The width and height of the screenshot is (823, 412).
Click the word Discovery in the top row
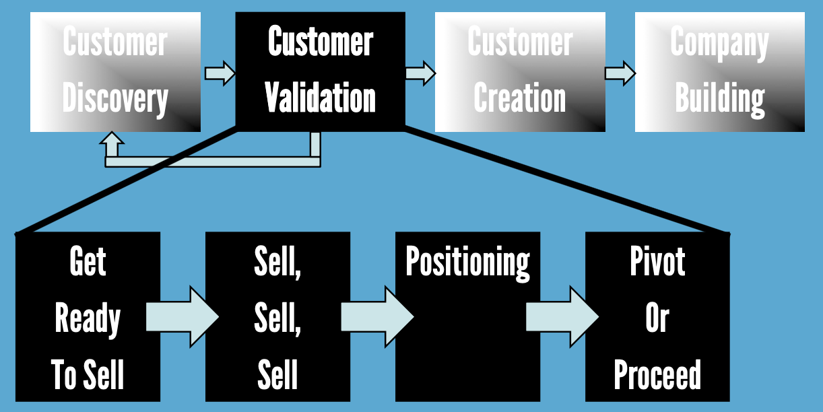click(x=115, y=99)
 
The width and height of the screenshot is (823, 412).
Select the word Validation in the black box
click(x=320, y=98)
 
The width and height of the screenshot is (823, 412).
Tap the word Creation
click(x=519, y=98)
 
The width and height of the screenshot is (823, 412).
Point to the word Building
click(x=720, y=98)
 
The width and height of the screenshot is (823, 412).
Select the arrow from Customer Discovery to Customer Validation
click(x=219, y=72)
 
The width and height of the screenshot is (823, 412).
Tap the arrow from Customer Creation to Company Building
click(x=620, y=73)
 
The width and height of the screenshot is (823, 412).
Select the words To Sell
click(x=88, y=374)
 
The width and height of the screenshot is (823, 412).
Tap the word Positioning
click(x=467, y=261)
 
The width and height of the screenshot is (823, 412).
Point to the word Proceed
click(x=657, y=374)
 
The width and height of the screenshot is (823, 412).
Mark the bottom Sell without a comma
click(x=277, y=374)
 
